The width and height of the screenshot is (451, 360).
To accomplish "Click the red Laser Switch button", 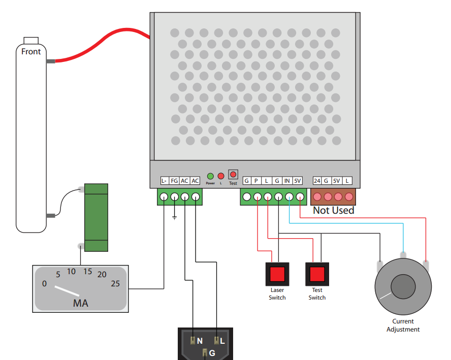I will [277, 274].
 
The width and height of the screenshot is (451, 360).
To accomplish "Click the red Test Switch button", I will [317, 274].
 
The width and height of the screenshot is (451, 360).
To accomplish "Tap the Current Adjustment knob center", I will [403, 286].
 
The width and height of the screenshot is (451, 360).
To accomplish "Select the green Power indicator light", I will [210, 176].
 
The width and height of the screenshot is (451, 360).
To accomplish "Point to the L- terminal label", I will [164, 181].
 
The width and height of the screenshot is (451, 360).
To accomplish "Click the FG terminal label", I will [174, 181].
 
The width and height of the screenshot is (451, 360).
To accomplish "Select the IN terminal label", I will [287, 181].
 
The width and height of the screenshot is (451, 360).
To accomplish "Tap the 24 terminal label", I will [317, 181].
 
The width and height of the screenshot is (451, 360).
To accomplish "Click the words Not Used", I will [333, 210].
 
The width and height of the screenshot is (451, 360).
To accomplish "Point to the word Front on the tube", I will [31, 51].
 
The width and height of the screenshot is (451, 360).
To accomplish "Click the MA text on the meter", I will [80, 303].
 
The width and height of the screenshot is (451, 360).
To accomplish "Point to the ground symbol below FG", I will [174, 218].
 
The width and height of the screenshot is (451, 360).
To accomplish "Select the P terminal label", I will [256, 181].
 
